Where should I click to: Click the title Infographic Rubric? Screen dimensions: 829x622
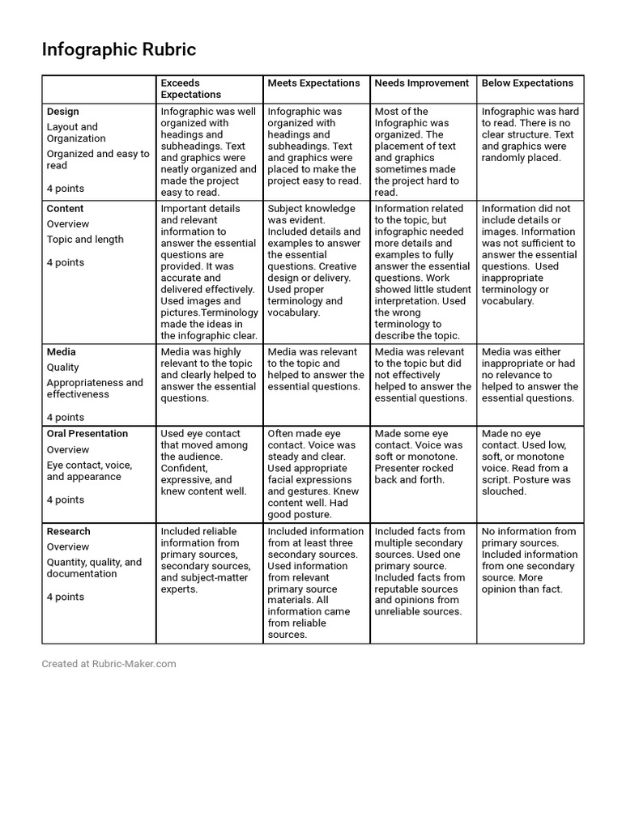tap(119, 50)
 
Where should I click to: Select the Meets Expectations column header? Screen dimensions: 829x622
tap(313, 83)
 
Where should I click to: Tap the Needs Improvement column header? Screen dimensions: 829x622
tap(421, 83)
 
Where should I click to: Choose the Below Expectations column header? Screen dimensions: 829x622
tap(527, 83)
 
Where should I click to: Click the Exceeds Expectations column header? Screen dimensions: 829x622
tap(191, 88)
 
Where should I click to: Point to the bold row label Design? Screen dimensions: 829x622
tap(63, 112)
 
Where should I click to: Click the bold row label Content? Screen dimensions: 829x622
tap(66, 209)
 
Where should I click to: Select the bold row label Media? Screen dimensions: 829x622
tap(62, 352)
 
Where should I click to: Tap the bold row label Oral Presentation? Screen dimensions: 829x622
tap(87, 434)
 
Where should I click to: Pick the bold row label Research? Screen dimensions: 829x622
tap(69, 532)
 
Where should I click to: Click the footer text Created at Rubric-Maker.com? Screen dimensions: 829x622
tap(109, 664)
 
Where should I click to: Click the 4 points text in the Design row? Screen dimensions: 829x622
tap(66, 189)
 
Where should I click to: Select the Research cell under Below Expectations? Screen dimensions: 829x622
tap(529, 560)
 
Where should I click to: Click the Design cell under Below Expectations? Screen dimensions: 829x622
tap(530, 134)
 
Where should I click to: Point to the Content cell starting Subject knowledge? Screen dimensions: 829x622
tap(315, 260)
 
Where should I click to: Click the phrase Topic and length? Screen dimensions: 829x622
tap(85, 240)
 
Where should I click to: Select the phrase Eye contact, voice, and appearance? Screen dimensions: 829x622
tap(89, 471)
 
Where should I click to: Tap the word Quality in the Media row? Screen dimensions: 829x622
tap(63, 368)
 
